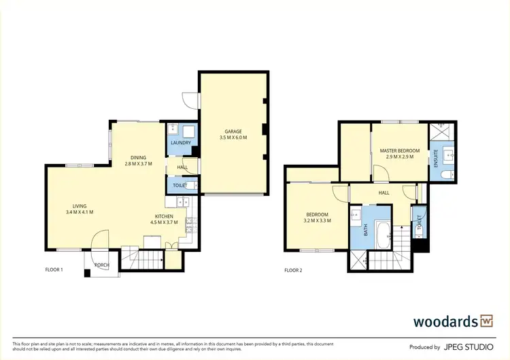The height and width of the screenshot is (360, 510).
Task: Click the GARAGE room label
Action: tap(233, 131)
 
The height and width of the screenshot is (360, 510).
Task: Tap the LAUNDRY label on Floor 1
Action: tap(180, 143)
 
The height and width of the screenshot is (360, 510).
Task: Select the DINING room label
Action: tap(138, 157)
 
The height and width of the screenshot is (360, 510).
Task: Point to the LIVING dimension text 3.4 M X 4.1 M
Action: tap(80, 212)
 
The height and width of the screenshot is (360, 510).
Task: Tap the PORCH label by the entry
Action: tap(101, 265)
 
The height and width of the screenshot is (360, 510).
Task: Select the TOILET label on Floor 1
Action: tap(180, 185)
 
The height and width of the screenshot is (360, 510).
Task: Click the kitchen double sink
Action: tap(182, 201)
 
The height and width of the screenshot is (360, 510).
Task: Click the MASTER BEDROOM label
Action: tap(399, 150)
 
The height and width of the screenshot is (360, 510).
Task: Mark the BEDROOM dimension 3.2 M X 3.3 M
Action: tap(317, 220)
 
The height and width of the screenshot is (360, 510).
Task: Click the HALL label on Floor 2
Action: tap(384, 193)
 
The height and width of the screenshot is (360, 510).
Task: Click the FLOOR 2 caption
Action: tap(293, 270)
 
